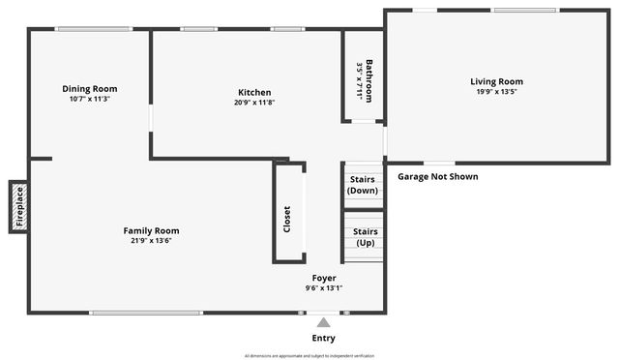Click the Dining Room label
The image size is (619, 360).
[x=90, y=89]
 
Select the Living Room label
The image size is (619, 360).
[x=496, y=81]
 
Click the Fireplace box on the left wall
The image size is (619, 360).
[x=17, y=207]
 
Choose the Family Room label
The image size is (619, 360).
[x=151, y=230]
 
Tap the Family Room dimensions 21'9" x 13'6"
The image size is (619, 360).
[x=151, y=242]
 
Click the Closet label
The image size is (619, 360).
[x=287, y=219]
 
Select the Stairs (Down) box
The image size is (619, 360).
[x=363, y=184]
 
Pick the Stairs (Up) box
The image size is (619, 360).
[x=365, y=237]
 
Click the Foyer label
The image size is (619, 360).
[x=324, y=278]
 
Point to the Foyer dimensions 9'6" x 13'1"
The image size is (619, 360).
[x=324, y=288]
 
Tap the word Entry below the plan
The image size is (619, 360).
[x=324, y=338]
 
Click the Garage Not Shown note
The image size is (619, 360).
[x=438, y=177]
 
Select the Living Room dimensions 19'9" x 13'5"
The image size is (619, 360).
[x=496, y=93]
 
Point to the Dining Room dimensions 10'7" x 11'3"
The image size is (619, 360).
[x=90, y=100]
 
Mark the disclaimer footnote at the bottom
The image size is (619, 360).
[x=309, y=355]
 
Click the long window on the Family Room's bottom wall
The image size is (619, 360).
[x=145, y=313]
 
